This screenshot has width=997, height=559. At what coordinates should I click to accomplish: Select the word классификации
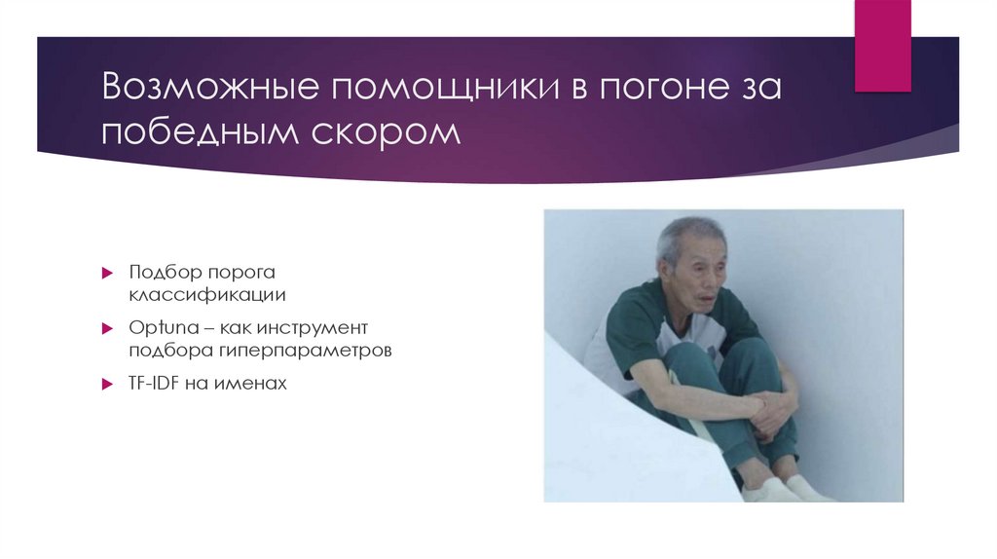point(207,292)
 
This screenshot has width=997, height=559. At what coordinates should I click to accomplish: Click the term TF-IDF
point(154,384)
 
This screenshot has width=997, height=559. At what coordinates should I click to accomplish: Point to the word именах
point(255,384)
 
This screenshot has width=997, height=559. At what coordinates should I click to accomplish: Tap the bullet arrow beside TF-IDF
point(109,385)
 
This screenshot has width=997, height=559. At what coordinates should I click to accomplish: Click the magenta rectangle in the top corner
point(882,45)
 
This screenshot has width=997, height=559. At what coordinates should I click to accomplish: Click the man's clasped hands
point(769,409)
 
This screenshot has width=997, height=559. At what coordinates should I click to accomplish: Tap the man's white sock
point(811,488)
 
